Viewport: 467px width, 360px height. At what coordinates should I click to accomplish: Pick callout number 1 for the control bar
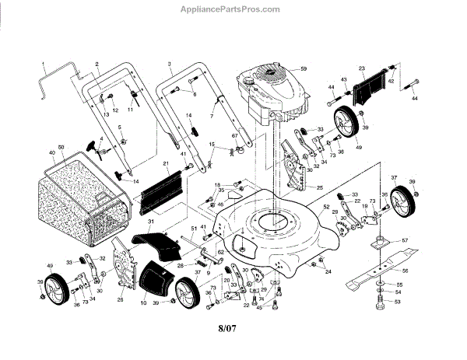coord(44,62)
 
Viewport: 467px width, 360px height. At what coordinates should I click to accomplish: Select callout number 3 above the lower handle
coord(169,62)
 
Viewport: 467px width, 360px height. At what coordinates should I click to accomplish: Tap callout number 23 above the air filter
coord(361,68)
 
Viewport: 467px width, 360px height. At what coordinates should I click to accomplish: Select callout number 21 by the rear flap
coord(166,163)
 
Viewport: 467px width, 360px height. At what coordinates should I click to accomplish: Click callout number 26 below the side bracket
coord(120,299)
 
